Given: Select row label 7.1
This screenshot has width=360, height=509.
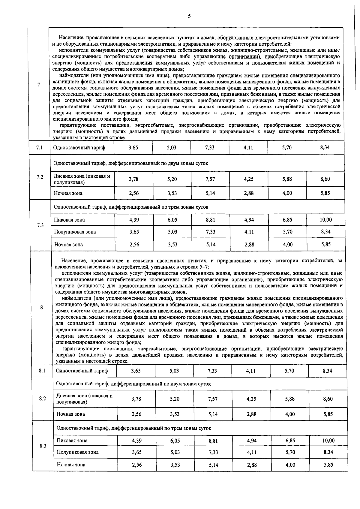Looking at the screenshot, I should (x=39, y=147).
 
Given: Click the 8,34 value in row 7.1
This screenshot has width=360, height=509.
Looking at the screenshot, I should (x=325, y=147).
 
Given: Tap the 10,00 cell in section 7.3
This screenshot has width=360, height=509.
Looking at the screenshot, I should (x=325, y=220).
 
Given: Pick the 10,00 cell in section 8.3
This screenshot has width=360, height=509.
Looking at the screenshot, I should (x=328, y=441).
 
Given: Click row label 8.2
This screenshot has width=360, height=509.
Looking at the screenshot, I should (x=42, y=399).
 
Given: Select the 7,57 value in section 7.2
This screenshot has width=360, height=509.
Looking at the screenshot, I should (x=210, y=179).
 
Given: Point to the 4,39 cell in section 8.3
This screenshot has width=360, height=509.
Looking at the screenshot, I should (x=136, y=441).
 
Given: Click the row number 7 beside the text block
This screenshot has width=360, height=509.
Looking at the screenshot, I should (x=39, y=85).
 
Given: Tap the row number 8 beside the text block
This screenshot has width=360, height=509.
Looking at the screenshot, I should (x=41, y=307).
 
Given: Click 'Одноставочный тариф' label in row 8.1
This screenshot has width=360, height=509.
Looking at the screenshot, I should (x=82, y=371).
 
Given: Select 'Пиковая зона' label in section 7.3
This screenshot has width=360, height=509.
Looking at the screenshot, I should (x=69, y=220).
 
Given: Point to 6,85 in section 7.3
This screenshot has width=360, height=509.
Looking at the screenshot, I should (x=287, y=220).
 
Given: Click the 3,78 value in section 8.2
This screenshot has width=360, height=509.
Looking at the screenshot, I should (x=136, y=399).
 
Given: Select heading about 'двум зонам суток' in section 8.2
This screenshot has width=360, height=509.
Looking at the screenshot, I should (x=133, y=384).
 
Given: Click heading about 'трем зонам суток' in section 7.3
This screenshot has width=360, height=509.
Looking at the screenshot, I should (x=131, y=207).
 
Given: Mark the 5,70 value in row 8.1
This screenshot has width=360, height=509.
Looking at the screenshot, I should (x=289, y=371).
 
